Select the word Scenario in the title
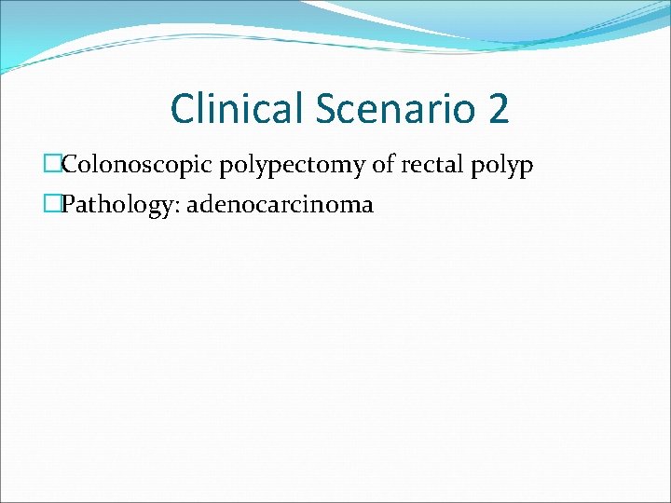(x=393, y=109)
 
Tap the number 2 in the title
(x=498, y=109)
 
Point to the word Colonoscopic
(x=137, y=166)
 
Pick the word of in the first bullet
(x=384, y=165)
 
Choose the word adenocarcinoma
(x=280, y=204)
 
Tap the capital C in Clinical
(x=183, y=109)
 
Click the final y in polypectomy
(x=363, y=169)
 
